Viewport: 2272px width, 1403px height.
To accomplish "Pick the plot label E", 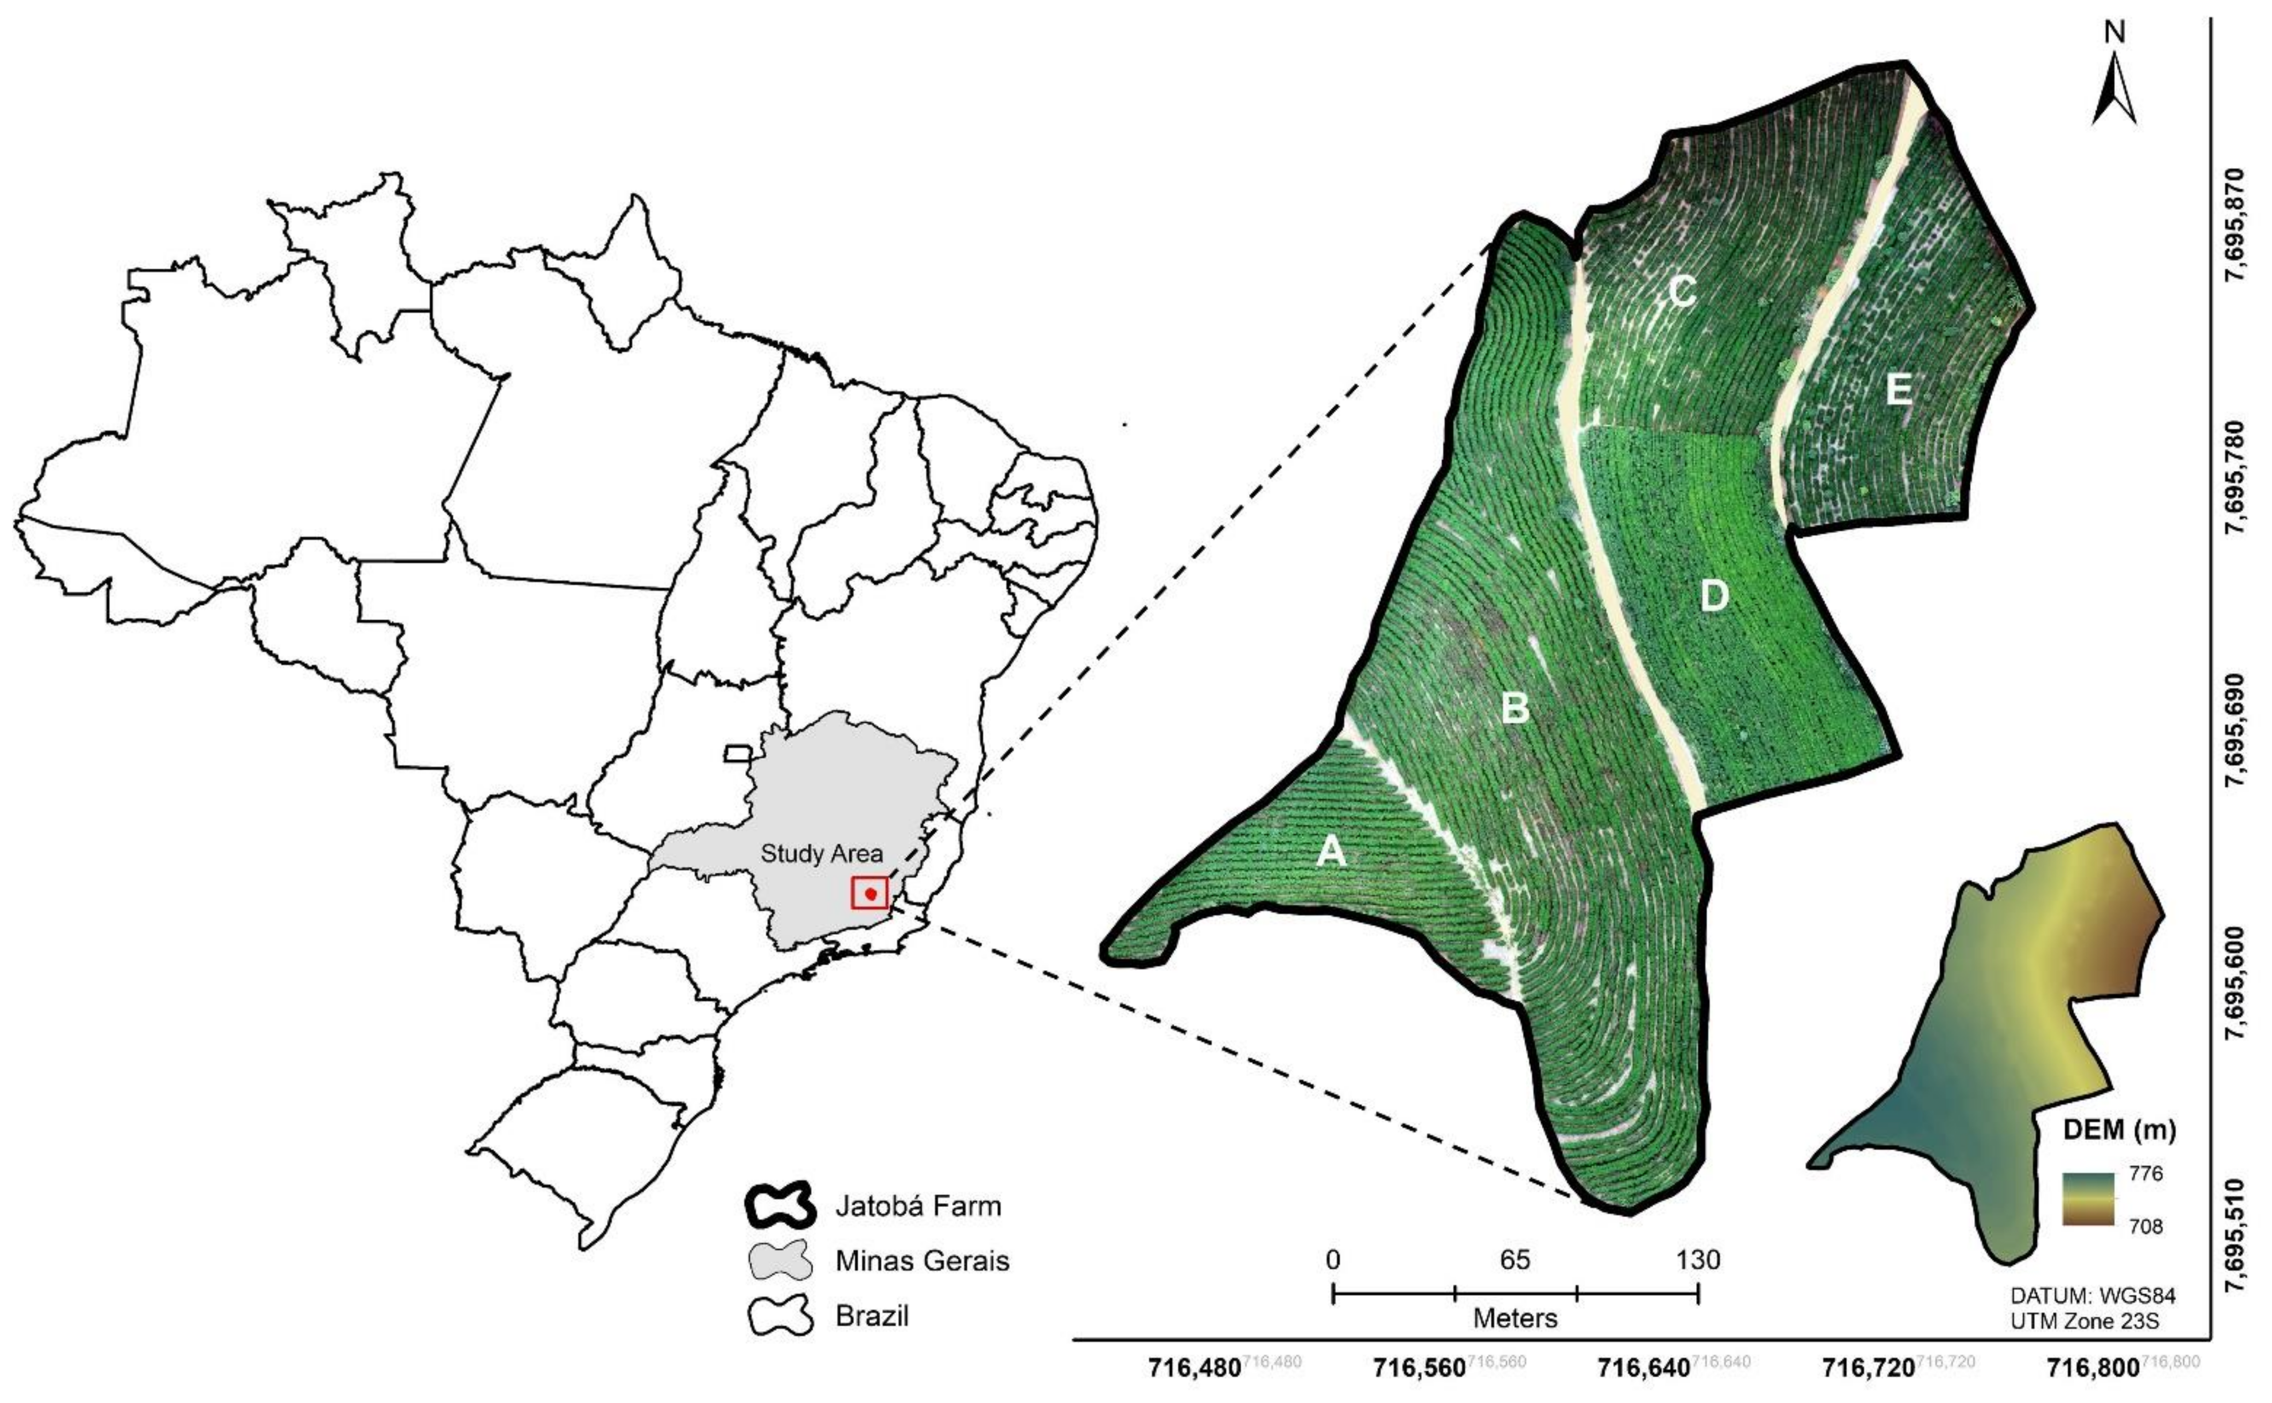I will (1898, 391).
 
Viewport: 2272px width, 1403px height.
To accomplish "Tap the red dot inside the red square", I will (870, 894).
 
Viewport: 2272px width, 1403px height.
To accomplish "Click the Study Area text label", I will (821, 854).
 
